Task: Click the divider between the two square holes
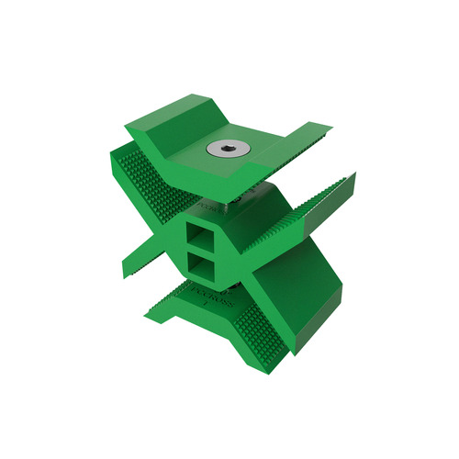pyautogui.click(x=200, y=252)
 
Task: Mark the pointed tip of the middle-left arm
pyautogui.click(x=126, y=274)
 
